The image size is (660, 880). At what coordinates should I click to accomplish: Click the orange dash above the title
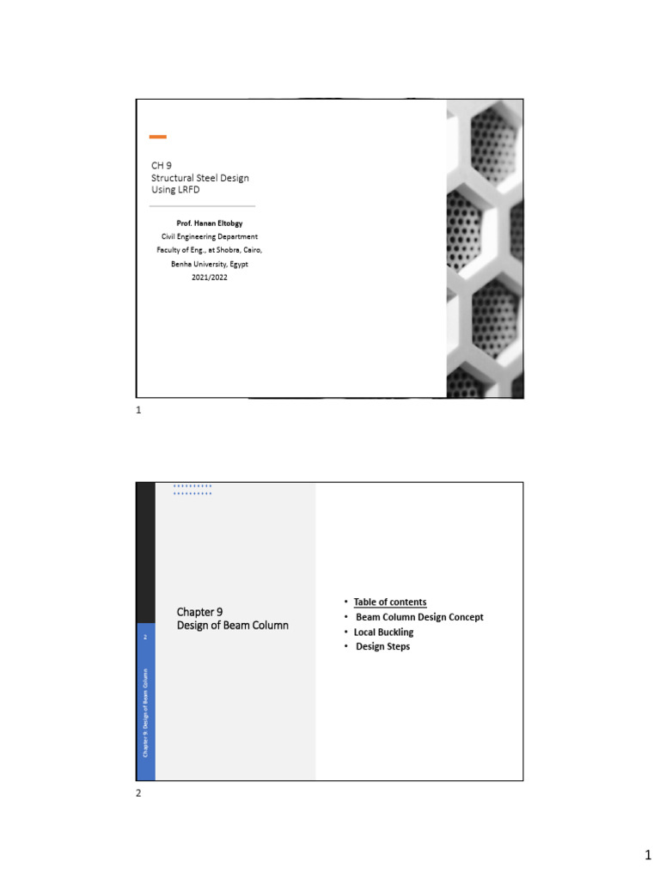click(158, 137)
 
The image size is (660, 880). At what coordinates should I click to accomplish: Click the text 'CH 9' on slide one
click(162, 165)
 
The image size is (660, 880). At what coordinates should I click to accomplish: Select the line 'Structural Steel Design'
click(200, 177)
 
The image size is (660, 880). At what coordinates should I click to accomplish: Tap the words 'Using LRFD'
click(175, 189)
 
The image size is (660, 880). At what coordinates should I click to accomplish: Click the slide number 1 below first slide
click(138, 411)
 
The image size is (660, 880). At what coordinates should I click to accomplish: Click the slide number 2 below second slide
click(138, 793)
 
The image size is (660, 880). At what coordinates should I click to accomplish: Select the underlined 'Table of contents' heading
click(390, 602)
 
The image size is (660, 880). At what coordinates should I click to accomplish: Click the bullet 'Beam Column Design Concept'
click(419, 617)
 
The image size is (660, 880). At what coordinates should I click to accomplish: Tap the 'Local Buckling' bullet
click(383, 632)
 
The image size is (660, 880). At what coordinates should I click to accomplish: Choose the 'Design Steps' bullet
click(382, 646)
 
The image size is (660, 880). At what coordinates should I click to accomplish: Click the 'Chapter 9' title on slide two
click(200, 611)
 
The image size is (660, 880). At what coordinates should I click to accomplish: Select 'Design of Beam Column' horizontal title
click(232, 625)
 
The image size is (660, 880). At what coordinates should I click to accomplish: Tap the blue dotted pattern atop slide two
click(192, 490)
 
